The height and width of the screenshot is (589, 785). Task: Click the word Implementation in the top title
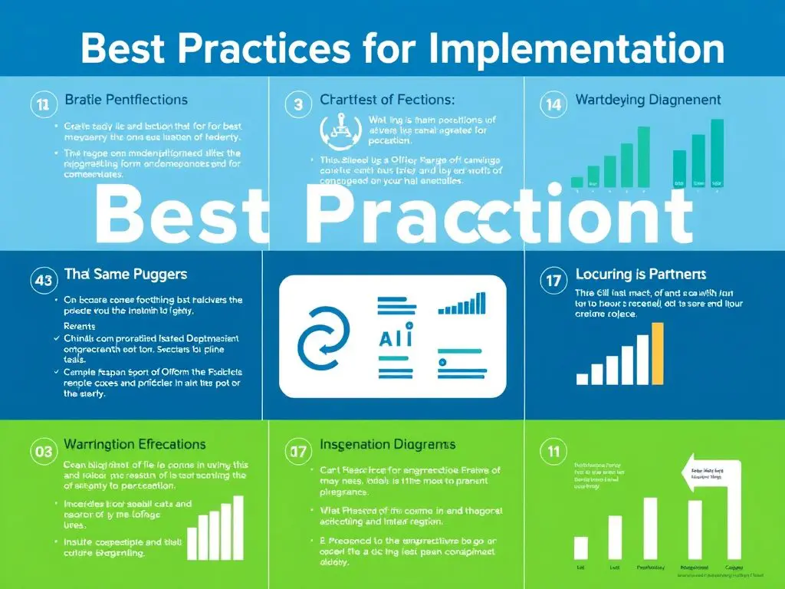pyautogui.click(x=576, y=48)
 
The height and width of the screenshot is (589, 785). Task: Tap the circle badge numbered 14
pyautogui.click(x=552, y=105)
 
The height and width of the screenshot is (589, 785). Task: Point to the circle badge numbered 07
pyautogui.click(x=296, y=451)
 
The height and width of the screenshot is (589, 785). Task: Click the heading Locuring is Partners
pyautogui.click(x=640, y=275)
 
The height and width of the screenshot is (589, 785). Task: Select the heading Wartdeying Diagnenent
pyautogui.click(x=648, y=100)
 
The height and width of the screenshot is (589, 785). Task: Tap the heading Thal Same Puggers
pyautogui.click(x=125, y=274)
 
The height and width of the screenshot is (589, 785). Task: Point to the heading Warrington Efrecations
pyautogui.click(x=134, y=444)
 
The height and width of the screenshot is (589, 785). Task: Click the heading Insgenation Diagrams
pyautogui.click(x=387, y=444)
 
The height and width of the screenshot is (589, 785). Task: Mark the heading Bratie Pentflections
pyautogui.click(x=126, y=100)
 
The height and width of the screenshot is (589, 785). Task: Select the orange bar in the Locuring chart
pyautogui.click(x=657, y=353)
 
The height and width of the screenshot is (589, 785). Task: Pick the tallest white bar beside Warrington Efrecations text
pyautogui.click(x=238, y=527)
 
